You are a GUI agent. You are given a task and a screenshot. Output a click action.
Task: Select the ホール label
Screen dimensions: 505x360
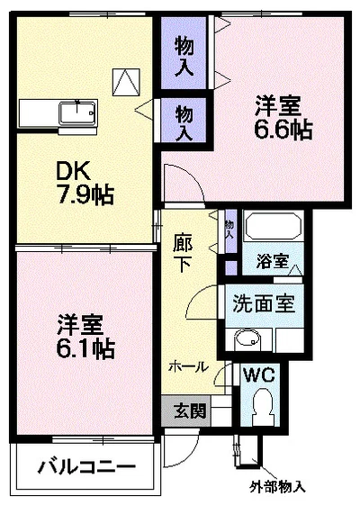pos(187,366)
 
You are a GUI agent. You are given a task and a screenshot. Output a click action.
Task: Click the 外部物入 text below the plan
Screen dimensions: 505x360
pos(278,487)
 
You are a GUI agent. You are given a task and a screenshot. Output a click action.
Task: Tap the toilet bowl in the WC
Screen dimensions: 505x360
pos(264,405)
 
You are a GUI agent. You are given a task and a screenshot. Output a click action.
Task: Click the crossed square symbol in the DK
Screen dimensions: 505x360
pos(125,81)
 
